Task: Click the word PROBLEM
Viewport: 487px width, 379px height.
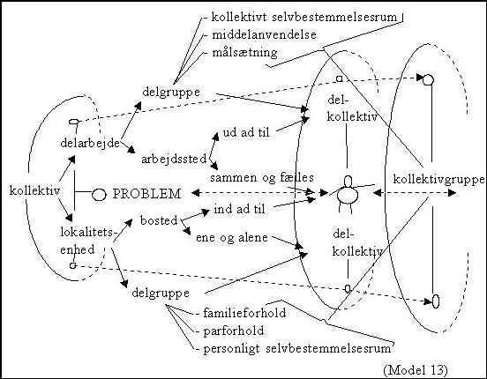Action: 146,194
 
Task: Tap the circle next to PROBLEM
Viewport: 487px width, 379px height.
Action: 99,195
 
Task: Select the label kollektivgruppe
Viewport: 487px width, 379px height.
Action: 438,180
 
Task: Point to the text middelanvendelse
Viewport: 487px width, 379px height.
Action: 264,34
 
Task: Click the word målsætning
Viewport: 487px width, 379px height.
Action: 244,53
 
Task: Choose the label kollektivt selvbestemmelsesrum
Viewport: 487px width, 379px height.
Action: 304,17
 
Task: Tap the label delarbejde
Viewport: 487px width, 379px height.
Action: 90,143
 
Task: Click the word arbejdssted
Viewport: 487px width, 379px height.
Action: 174,160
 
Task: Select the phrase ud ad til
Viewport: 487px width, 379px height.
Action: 246,133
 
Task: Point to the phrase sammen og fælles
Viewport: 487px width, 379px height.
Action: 262,178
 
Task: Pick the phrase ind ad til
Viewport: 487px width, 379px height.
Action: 239,209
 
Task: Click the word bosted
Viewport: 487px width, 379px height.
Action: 159,220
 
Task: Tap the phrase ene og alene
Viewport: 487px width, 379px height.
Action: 232,238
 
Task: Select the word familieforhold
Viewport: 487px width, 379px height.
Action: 244,313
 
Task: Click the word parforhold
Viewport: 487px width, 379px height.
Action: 234,331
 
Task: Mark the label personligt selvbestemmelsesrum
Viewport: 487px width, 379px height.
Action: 297,349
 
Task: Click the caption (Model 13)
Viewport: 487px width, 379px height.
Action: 416,370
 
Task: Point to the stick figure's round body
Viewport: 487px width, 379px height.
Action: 348,194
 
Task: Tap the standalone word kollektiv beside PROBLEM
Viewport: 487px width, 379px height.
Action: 34,190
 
